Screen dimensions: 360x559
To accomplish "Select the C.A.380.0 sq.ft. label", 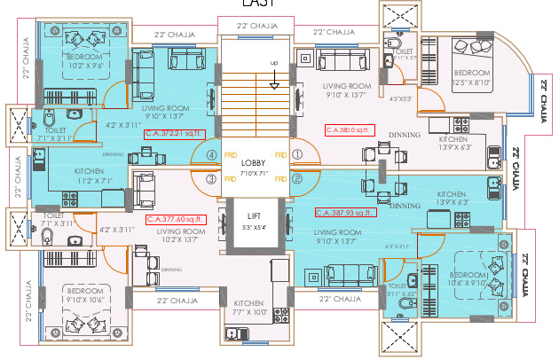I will point(350,129).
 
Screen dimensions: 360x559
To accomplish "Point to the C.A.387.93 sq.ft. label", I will point(346,213).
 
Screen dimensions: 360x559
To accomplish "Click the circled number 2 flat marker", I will point(297,179).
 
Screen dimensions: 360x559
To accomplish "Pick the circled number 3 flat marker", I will point(211,179).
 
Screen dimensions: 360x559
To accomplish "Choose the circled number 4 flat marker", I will point(211,154).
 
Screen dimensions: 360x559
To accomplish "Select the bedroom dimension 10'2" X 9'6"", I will point(86,65).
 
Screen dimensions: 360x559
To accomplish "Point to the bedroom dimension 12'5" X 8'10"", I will point(471,82).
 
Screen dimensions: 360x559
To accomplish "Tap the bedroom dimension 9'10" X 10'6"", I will point(85,300).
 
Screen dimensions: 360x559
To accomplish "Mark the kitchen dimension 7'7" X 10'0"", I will point(251,311).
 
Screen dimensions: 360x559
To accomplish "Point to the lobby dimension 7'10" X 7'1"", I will point(253,172).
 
